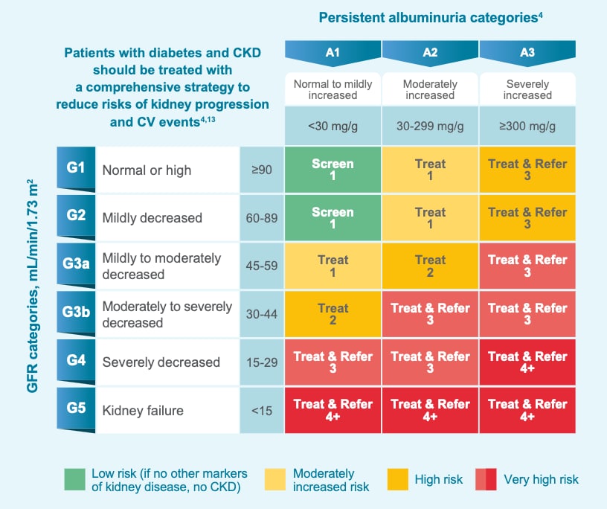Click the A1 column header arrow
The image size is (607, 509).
click(333, 53)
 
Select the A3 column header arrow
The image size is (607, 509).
click(527, 53)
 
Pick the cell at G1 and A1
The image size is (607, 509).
click(333, 170)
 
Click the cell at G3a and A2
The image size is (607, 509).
click(430, 266)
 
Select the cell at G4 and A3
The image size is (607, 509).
click(527, 362)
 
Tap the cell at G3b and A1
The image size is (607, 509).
click(333, 314)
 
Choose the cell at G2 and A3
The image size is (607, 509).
click(527, 218)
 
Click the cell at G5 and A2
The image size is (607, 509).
click(430, 409)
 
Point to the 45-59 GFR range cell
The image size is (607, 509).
click(262, 266)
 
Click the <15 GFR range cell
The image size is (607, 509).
click(262, 409)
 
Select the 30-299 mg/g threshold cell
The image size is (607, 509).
click(430, 126)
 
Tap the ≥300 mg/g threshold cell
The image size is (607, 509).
click(527, 126)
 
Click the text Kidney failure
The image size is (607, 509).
click(143, 410)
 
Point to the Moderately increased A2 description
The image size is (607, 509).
click(430, 89)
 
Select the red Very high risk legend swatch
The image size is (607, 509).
click(485, 480)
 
